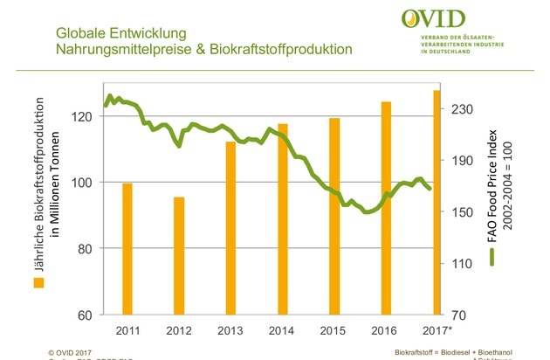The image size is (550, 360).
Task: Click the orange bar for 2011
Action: [127, 248]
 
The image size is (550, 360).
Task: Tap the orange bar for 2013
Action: [230, 227]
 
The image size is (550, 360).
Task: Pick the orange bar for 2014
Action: [282, 218]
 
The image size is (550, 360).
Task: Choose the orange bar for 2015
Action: [333, 216]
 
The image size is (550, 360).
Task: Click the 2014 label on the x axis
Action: [282, 330]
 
